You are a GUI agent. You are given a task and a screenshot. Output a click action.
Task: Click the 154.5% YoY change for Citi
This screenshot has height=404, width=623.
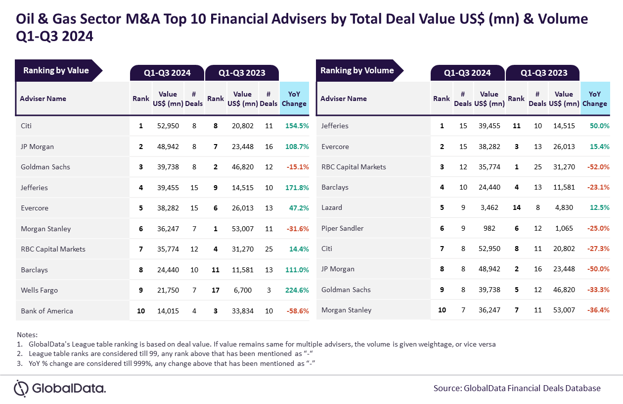297,126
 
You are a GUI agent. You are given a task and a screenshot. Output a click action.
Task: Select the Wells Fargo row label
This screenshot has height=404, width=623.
39,290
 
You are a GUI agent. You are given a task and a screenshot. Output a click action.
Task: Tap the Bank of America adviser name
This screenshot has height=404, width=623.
46,311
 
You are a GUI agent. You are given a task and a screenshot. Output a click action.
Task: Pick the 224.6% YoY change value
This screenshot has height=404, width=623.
297,290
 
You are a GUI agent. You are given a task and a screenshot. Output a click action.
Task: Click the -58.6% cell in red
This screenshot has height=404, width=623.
298,311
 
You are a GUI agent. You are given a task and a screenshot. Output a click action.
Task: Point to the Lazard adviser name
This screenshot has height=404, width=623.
331,207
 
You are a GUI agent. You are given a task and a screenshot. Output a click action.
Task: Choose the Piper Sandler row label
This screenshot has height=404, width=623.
342,228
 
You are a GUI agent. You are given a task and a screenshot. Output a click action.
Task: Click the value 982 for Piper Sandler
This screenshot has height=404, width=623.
489,228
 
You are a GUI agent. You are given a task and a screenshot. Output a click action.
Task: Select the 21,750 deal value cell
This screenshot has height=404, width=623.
168,290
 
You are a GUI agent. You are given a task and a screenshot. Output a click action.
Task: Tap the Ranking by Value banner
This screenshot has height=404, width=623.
59,70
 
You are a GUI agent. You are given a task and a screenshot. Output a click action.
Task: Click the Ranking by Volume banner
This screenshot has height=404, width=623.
359,70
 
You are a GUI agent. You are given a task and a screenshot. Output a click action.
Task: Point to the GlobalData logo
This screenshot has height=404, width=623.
60,388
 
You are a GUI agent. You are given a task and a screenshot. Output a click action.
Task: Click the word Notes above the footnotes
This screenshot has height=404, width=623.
27,335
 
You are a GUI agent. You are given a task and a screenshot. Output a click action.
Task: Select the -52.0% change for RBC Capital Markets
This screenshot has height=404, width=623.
598,167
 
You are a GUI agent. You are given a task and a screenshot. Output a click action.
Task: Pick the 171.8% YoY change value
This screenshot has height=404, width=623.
297,188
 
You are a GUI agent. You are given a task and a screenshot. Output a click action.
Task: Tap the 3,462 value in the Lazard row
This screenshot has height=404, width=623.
489,207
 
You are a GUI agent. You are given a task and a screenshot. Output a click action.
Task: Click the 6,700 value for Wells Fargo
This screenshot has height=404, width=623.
242,290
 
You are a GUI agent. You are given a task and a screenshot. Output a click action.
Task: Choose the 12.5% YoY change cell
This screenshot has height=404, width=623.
599,207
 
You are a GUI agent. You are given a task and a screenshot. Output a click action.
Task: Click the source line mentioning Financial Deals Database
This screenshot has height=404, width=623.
517,388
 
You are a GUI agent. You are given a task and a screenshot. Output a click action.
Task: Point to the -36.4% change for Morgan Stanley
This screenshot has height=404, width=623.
598,310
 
